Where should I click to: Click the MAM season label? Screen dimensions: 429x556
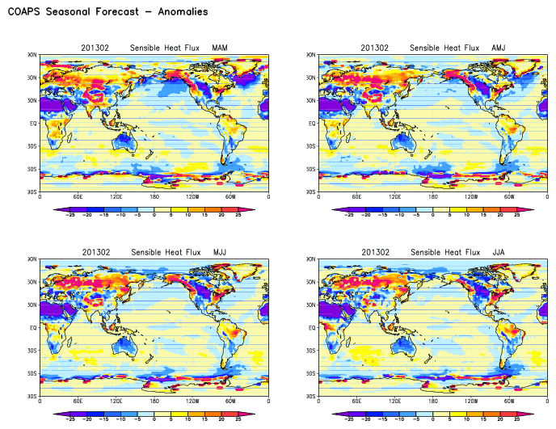[219, 48]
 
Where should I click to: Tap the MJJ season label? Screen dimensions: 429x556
[219, 253]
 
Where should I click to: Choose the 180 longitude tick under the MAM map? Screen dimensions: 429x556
[154, 196]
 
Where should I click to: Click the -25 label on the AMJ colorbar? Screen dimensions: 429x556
[349, 216]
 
